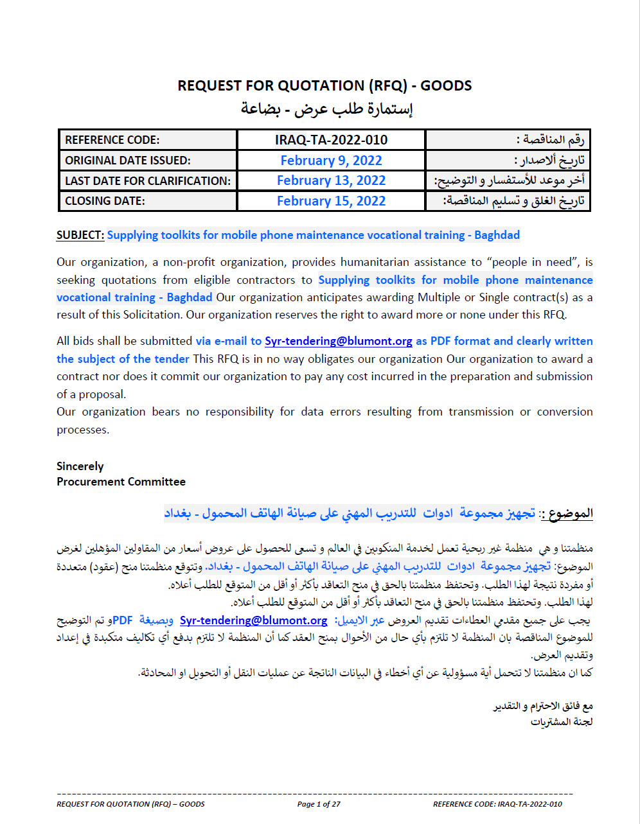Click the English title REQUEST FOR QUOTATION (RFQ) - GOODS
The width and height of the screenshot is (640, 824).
[324, 85]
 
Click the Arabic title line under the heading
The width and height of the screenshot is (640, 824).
[326, 109]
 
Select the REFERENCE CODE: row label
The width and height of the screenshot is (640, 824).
[112, 140]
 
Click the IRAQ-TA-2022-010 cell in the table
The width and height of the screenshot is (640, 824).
[331, 140]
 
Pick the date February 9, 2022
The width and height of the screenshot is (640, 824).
[331, 161]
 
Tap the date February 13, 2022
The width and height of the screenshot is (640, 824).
[331, 180]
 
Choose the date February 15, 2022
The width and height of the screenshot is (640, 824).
[331, 201]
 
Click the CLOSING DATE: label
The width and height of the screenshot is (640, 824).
[105, 201]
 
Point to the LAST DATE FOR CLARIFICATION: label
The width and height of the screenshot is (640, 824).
[148, 181]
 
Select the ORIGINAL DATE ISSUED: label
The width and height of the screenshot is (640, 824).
[128, 161]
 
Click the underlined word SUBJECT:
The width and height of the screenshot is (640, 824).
[80, 235]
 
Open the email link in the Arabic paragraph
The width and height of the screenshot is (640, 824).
[253, 620]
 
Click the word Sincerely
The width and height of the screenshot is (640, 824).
[80, 466]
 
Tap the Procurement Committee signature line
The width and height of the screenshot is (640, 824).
[121, 482]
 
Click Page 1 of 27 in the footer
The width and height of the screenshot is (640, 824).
[319, 804]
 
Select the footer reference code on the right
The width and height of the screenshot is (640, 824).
[497, 804]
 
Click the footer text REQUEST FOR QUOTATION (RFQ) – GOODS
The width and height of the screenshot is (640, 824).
[130, 804]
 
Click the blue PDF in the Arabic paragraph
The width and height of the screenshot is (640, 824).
[123, 620]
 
